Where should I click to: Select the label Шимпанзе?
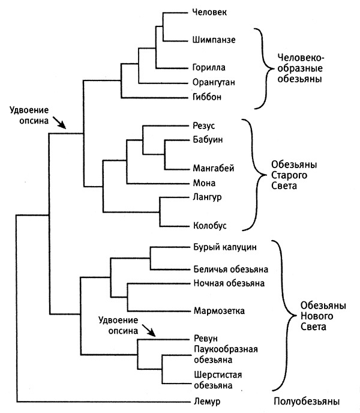click(214, 40)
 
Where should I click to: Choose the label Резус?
click(205, 125)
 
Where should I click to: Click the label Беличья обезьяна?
click(230, 268)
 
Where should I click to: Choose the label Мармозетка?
click(219, 311)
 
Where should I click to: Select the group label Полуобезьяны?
click(304, 400)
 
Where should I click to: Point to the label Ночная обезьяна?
click(229, 283)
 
